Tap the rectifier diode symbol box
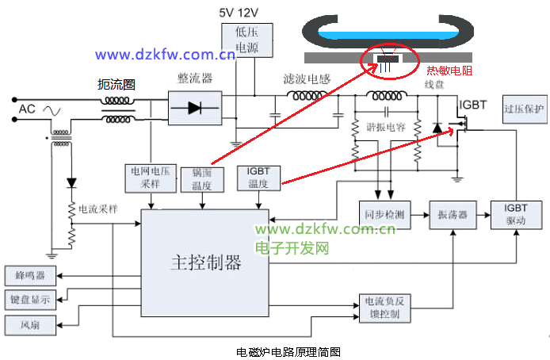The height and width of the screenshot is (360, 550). tap(194, 108)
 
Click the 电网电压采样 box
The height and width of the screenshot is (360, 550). tap(151, 177)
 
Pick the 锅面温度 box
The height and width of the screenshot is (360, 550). tap(196, 179)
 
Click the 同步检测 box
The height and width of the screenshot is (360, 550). tap(384, 215)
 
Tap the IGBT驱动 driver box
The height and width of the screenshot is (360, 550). tap(515, 215)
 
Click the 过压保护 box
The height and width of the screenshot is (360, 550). tap(524, 109)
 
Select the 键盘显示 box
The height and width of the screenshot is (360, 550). tap(30, 300)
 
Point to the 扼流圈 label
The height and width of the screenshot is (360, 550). tap(116, 84)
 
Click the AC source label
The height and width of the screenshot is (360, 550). tap(27, 109)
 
